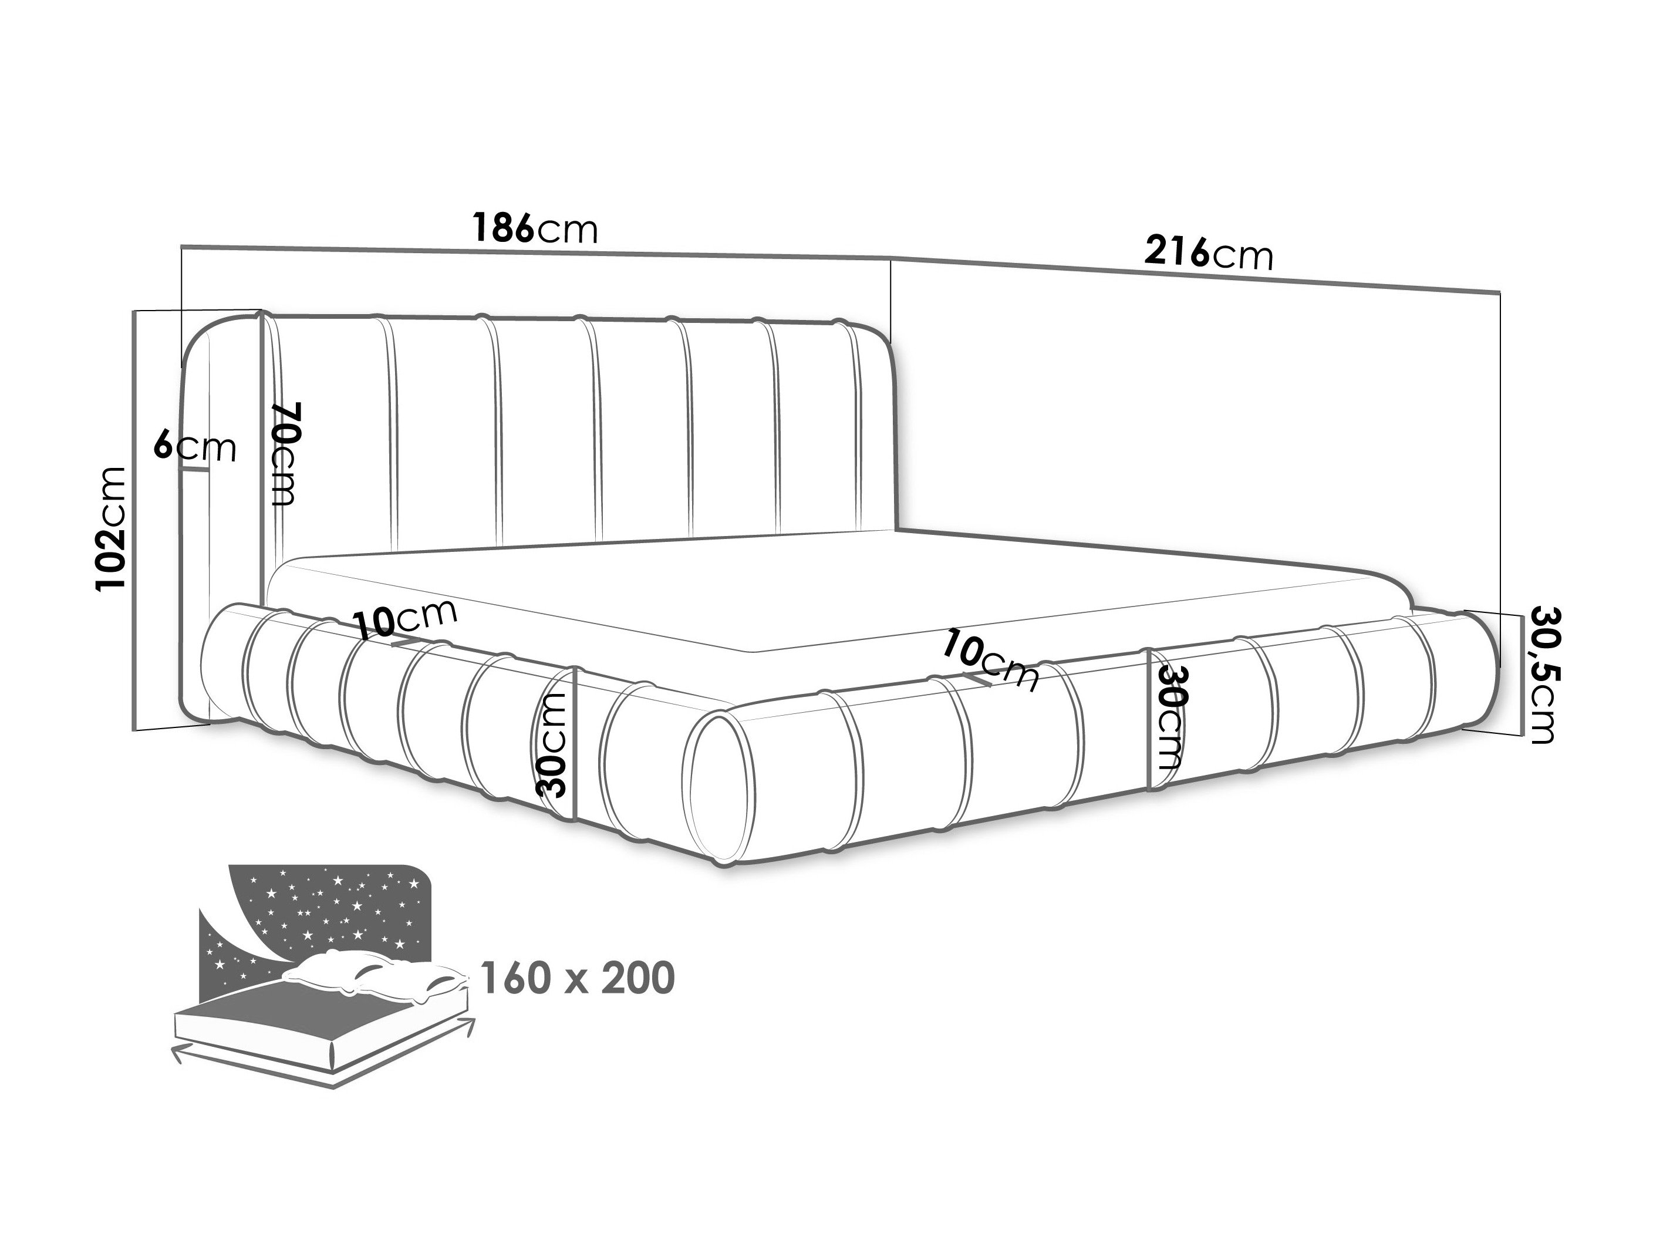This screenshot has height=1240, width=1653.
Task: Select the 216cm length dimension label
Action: click(x=1209, y=252)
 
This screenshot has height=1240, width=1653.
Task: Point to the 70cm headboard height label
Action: click(x=285, y=454)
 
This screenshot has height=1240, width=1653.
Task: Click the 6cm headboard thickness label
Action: click(x=195, y=447)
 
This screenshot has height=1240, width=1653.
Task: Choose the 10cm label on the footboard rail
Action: click(x=990, y=661)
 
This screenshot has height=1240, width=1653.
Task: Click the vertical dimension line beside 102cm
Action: click(x=134, y=520)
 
